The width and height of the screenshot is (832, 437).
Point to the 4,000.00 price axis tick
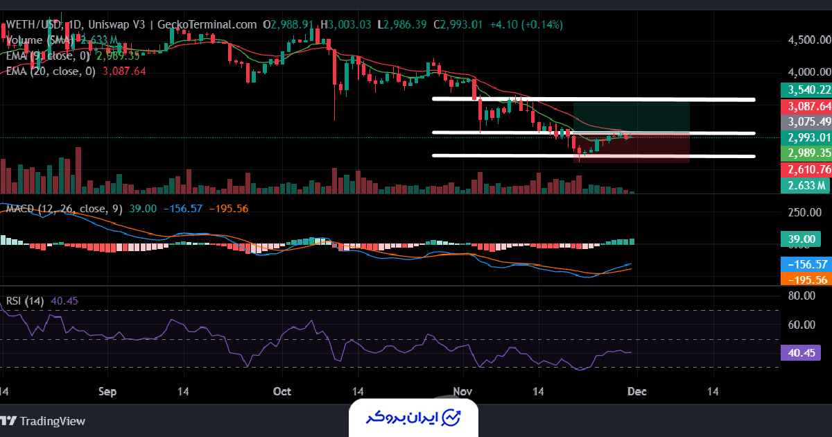click(x=809, y=71)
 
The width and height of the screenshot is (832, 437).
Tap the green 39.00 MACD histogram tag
click(x=800, y=239)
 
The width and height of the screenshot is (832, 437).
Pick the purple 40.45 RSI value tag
click(x=800, y=352)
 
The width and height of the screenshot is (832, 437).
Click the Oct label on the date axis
click(x=282, y=391)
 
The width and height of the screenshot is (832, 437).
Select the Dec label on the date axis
click(x=637, y=391)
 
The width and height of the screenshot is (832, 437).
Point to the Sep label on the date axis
click(x=107, y=391)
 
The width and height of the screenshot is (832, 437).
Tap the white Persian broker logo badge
click(x=415, y=418)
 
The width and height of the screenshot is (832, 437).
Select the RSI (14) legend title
click(x=25, y=301)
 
